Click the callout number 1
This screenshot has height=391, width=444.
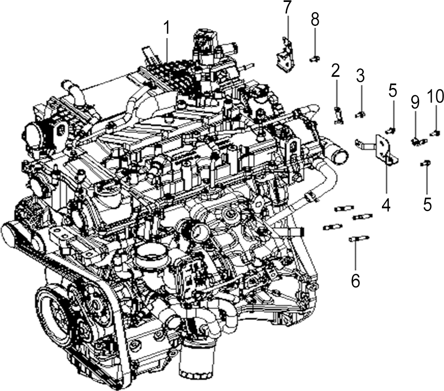[x=166, y=29]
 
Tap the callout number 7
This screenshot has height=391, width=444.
[x=287, y=7]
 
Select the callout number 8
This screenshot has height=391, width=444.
[x=315, y=20]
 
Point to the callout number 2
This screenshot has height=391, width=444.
[x=335, y=70]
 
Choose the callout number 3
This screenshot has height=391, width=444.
[x=360, y=76]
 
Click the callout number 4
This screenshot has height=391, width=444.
[x=386, y=205]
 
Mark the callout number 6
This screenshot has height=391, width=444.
[x=355, y=280]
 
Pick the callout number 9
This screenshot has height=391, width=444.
[x=415, y=102]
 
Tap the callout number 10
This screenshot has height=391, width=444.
[x=436, y=97]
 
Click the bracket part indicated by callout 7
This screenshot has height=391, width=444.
[x=284, y=55]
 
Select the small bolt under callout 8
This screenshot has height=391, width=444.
[x=314, y=59]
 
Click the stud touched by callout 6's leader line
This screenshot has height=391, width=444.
[x=359, y=239]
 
